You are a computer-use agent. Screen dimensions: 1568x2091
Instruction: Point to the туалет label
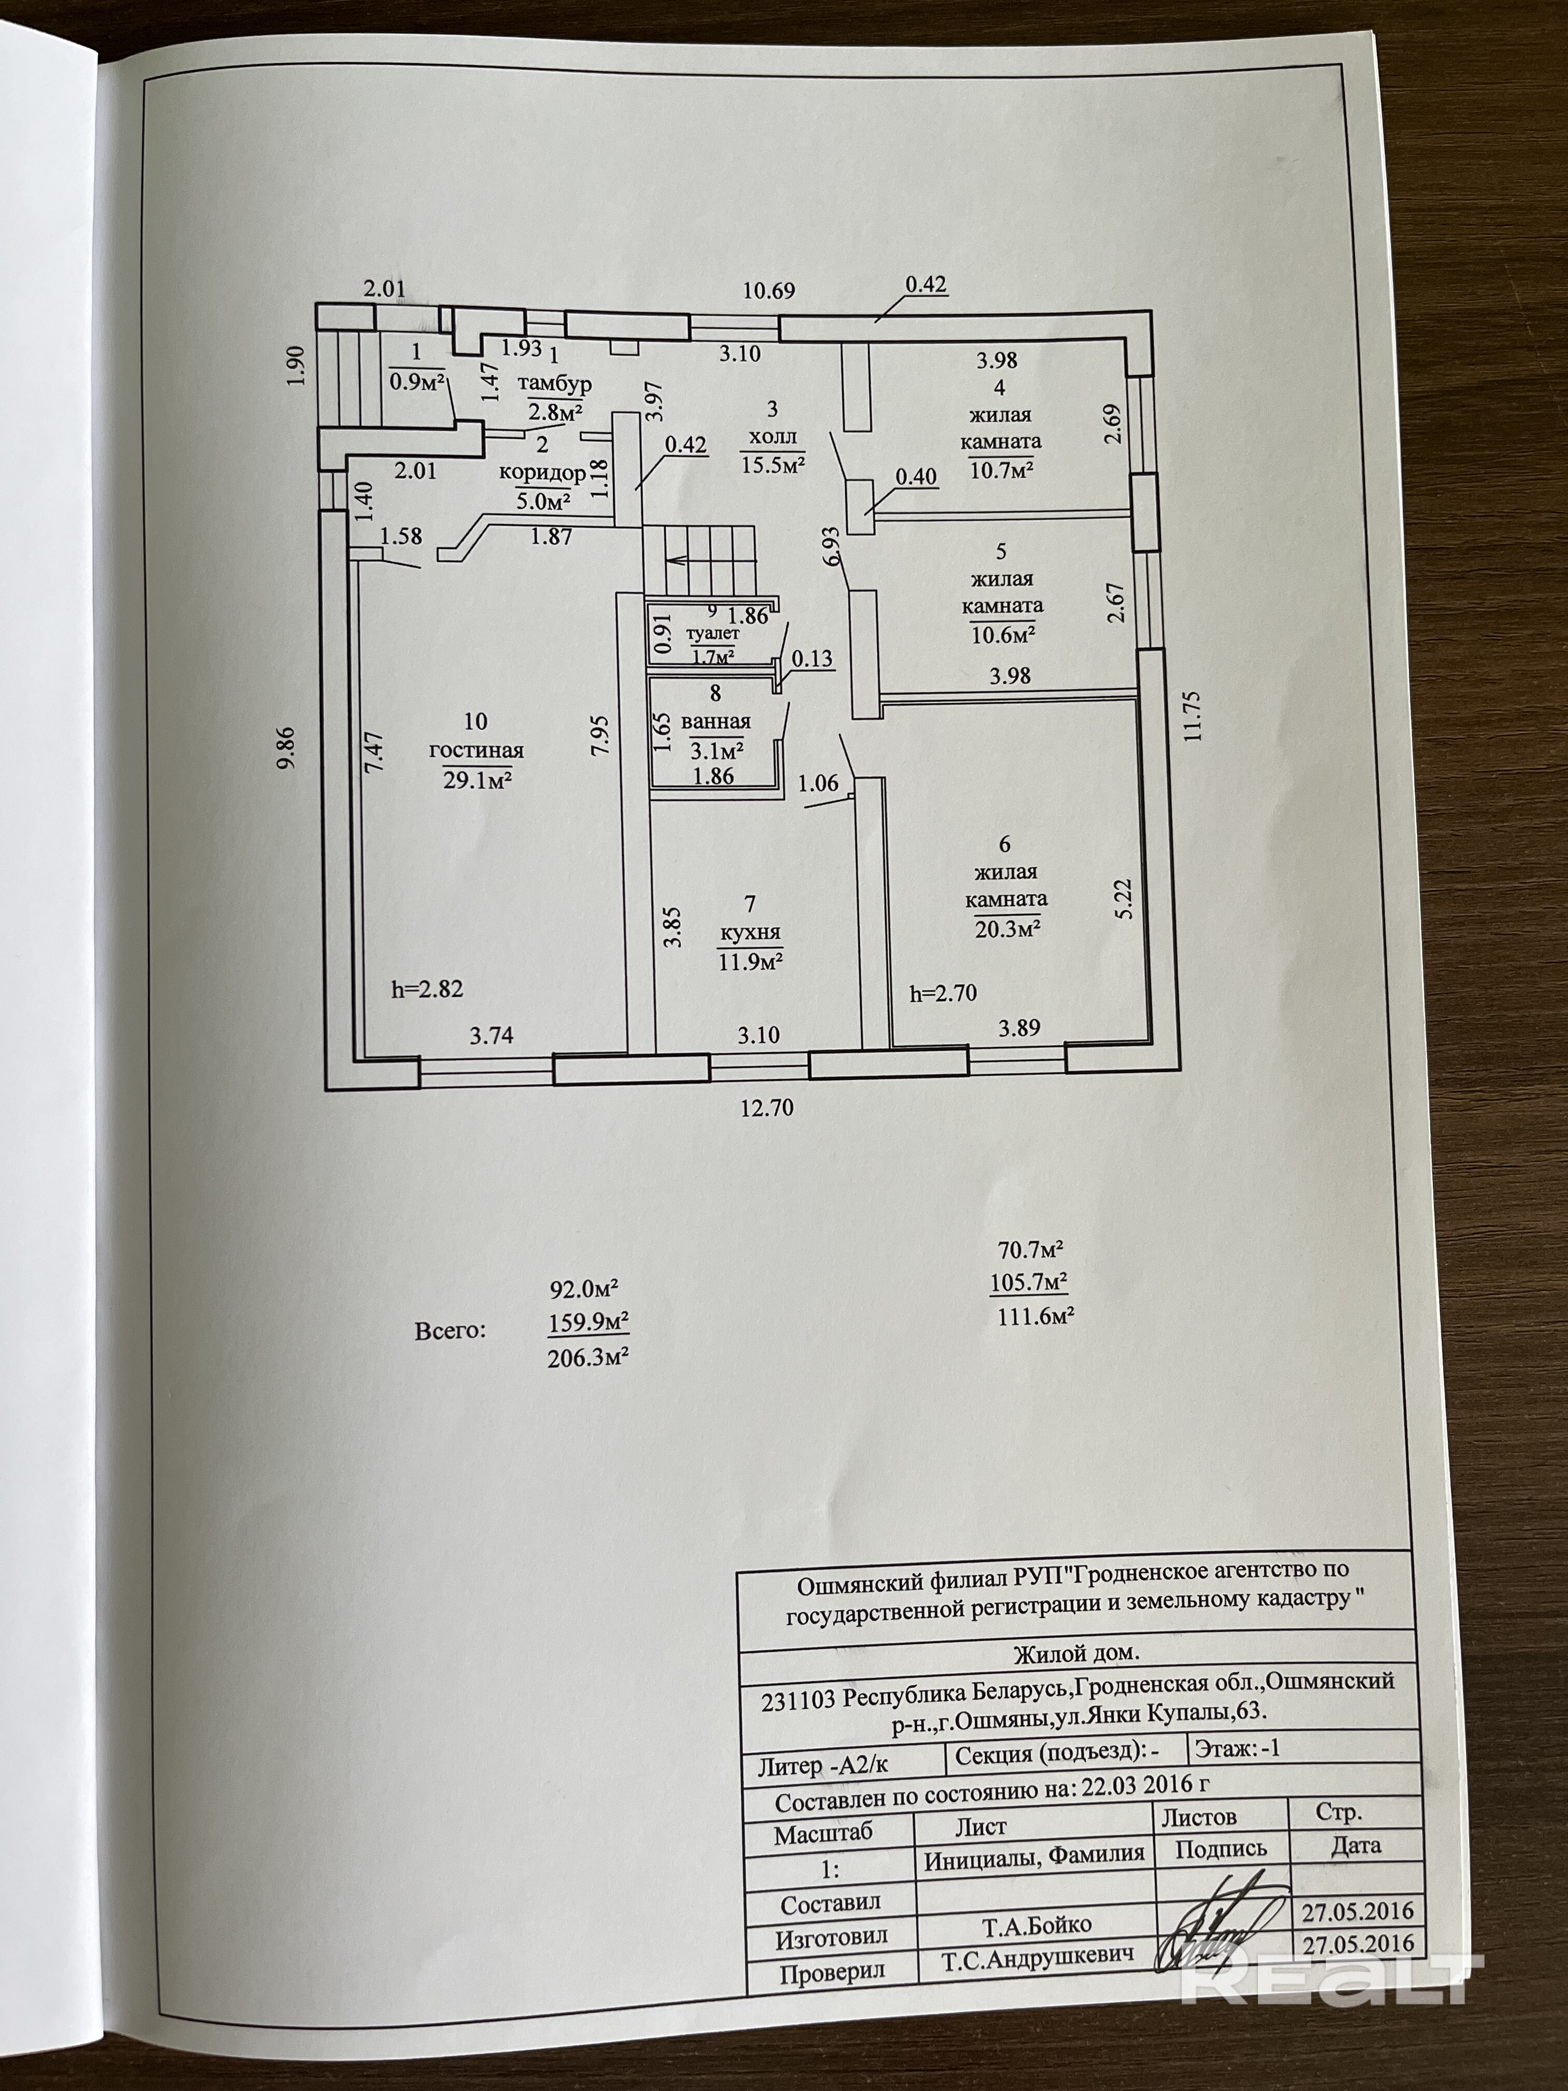[x=712, y=633]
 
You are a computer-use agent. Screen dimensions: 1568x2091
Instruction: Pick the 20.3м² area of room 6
[x=1007, y=928]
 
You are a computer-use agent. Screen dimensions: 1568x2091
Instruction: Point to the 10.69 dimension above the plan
[x=768, y=290]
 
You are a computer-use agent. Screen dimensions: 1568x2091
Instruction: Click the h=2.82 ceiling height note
[x=427, y=989]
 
